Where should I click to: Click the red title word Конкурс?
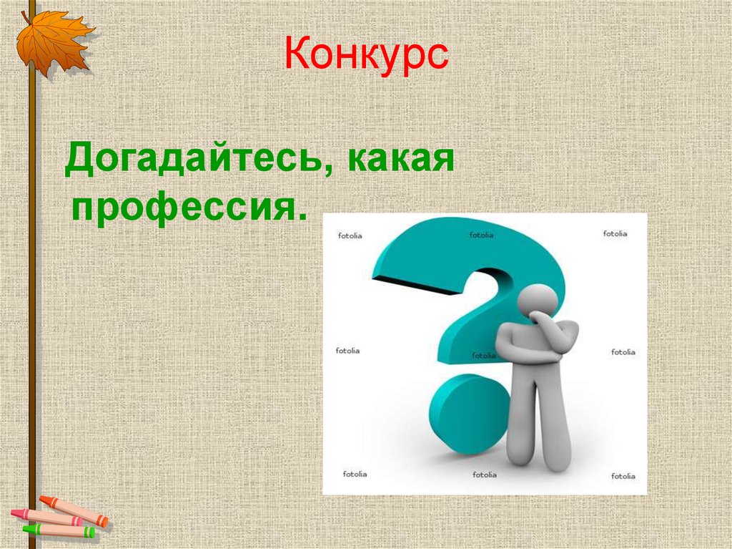366,56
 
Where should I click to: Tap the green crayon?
60,531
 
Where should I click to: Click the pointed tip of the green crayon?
24,529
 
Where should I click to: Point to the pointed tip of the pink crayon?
13,512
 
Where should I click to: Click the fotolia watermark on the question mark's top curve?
481,234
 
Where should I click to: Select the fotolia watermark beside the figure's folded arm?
484,355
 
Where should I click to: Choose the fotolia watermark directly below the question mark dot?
484,474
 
